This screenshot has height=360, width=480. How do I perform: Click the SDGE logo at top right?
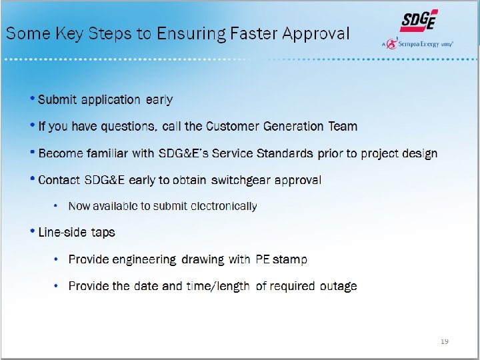[419, 21]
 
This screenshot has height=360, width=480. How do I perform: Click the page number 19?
[444, 341]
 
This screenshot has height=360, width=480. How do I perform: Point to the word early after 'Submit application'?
[159, 100]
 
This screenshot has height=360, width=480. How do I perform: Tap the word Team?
[343, 126]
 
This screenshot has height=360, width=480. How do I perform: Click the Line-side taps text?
[77, 233]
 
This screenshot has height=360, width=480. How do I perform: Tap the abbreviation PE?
[262, 259]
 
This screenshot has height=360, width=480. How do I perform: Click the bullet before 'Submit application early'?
[33, 99]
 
